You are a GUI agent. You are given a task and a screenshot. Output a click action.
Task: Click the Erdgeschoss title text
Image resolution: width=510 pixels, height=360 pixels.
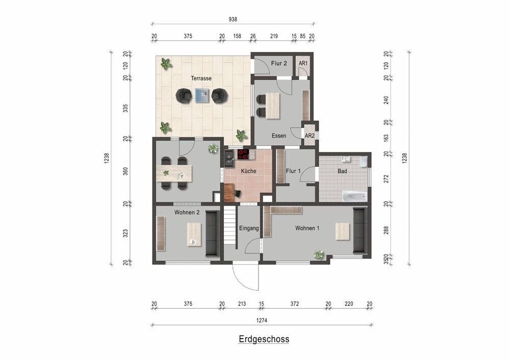(x=264, y=339)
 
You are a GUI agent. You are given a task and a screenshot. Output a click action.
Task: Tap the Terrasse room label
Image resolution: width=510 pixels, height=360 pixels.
(x=201, y=79)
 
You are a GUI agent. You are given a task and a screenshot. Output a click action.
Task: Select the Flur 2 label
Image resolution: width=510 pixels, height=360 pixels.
(x=279, y=64)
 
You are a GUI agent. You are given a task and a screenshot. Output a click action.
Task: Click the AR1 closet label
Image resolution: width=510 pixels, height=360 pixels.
(x=303, y=64)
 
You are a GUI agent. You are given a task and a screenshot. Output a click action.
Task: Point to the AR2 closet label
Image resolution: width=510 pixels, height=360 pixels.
(x=309, y=136)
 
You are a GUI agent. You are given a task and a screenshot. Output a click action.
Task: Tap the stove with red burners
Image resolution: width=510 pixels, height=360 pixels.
(x=243, y=153)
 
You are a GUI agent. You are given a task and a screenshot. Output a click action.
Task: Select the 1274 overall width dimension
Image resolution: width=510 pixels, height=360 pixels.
(x=262, y=321)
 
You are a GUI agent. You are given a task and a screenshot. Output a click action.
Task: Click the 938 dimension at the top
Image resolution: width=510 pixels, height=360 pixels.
(x=233, y=19)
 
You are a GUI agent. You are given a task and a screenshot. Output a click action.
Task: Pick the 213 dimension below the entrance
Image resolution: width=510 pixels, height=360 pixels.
(x=242, y=304)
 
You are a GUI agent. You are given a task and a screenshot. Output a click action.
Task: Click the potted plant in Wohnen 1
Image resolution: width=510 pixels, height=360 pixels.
(x=319, y=254)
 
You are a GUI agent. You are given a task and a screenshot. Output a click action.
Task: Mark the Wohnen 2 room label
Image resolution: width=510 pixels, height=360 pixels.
(x=186, y=212)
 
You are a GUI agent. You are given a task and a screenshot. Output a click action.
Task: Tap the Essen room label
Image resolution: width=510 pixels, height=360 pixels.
(x=278, y=136)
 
